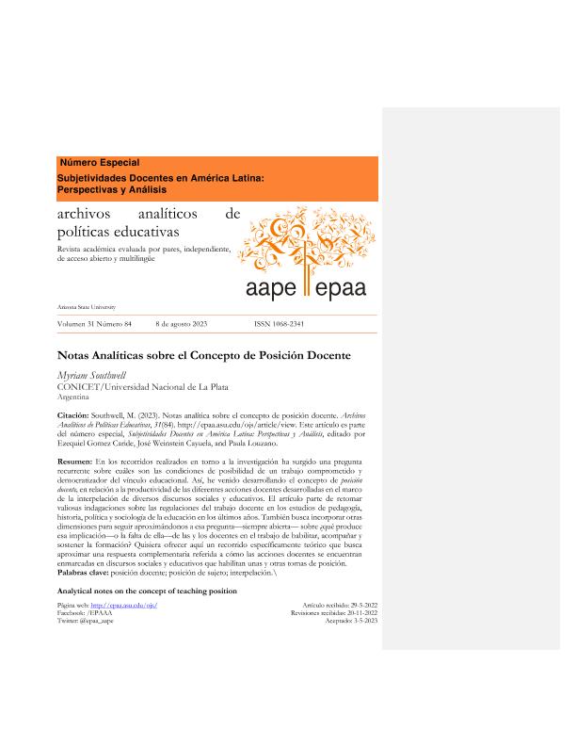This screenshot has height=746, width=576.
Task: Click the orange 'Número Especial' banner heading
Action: pyautogui.click(x=100, y=163)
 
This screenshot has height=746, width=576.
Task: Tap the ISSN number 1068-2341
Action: pyautogui.click(x=280, y=323)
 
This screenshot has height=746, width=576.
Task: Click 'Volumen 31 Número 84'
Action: pyautogui.click(x=95, y=323)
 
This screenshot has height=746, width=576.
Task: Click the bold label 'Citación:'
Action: pyautogui.click(x=73, y=414)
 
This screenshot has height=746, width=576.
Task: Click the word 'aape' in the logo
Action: pyautogui.click(x=270, y=287)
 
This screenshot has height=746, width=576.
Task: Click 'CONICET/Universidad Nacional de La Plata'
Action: pyautogui.click(x=143, y=386)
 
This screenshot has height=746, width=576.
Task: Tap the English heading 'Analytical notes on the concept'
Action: pyautogui.click(x=147, y=591)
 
